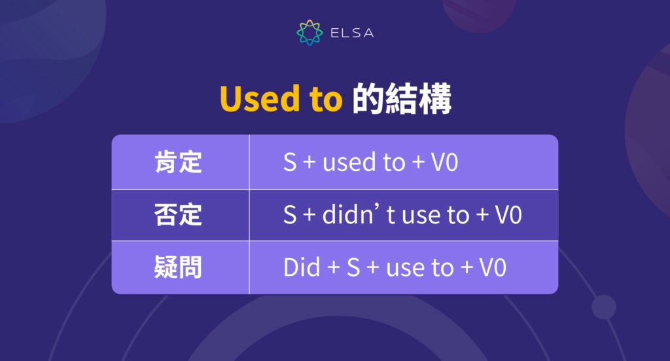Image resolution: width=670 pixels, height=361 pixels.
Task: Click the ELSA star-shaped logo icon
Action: [309, 33]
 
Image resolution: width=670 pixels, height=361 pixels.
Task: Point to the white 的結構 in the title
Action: [402, 99]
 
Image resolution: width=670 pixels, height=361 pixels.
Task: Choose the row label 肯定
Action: [179, 162]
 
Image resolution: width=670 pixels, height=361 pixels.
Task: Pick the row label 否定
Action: [179, 215]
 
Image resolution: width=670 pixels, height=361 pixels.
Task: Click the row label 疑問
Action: [179, 267]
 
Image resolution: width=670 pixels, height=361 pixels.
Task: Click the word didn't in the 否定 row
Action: [359, 215]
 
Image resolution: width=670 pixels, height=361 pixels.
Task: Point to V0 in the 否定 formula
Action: [508, 215]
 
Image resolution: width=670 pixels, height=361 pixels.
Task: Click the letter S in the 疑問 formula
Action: [353, 267]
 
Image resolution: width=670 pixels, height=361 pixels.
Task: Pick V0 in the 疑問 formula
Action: [492, 267]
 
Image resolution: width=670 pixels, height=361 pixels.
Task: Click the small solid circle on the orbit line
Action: [603, 307]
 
